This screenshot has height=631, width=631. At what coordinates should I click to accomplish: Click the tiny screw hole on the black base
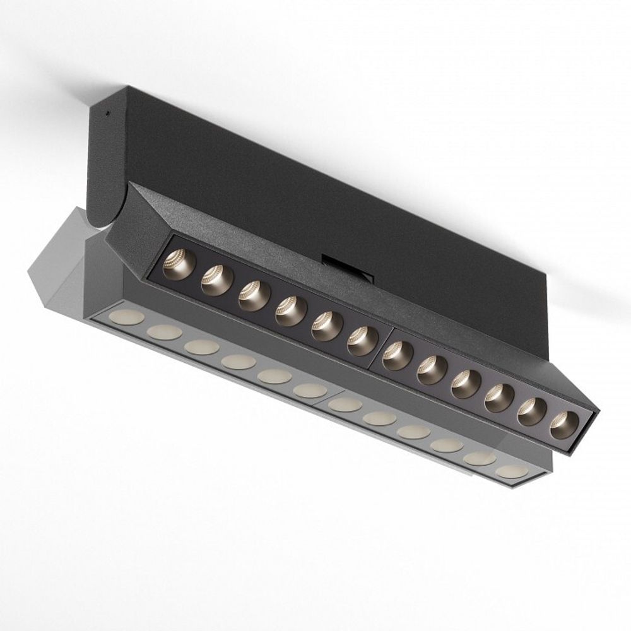[107, 114]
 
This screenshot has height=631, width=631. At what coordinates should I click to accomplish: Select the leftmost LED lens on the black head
[179, 264]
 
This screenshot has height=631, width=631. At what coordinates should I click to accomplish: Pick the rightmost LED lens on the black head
[563, 425]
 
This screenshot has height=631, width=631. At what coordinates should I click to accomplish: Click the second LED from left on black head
[216, 280]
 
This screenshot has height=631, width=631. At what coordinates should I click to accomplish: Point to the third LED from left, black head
[254, 295]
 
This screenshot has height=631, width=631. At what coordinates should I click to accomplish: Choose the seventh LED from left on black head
[398, 355]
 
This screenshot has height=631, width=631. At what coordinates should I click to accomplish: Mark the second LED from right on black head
[531, 411]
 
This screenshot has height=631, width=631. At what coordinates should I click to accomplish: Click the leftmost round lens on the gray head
[127, 317]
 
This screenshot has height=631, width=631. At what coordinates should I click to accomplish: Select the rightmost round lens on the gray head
[511, 471]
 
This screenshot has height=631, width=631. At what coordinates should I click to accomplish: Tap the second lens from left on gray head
[164, 332]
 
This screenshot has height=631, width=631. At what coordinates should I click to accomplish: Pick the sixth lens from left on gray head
[310, 391]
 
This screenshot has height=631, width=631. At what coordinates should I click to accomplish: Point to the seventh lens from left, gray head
[345, 404]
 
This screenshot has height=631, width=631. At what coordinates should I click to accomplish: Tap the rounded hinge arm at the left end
[104, 164]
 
